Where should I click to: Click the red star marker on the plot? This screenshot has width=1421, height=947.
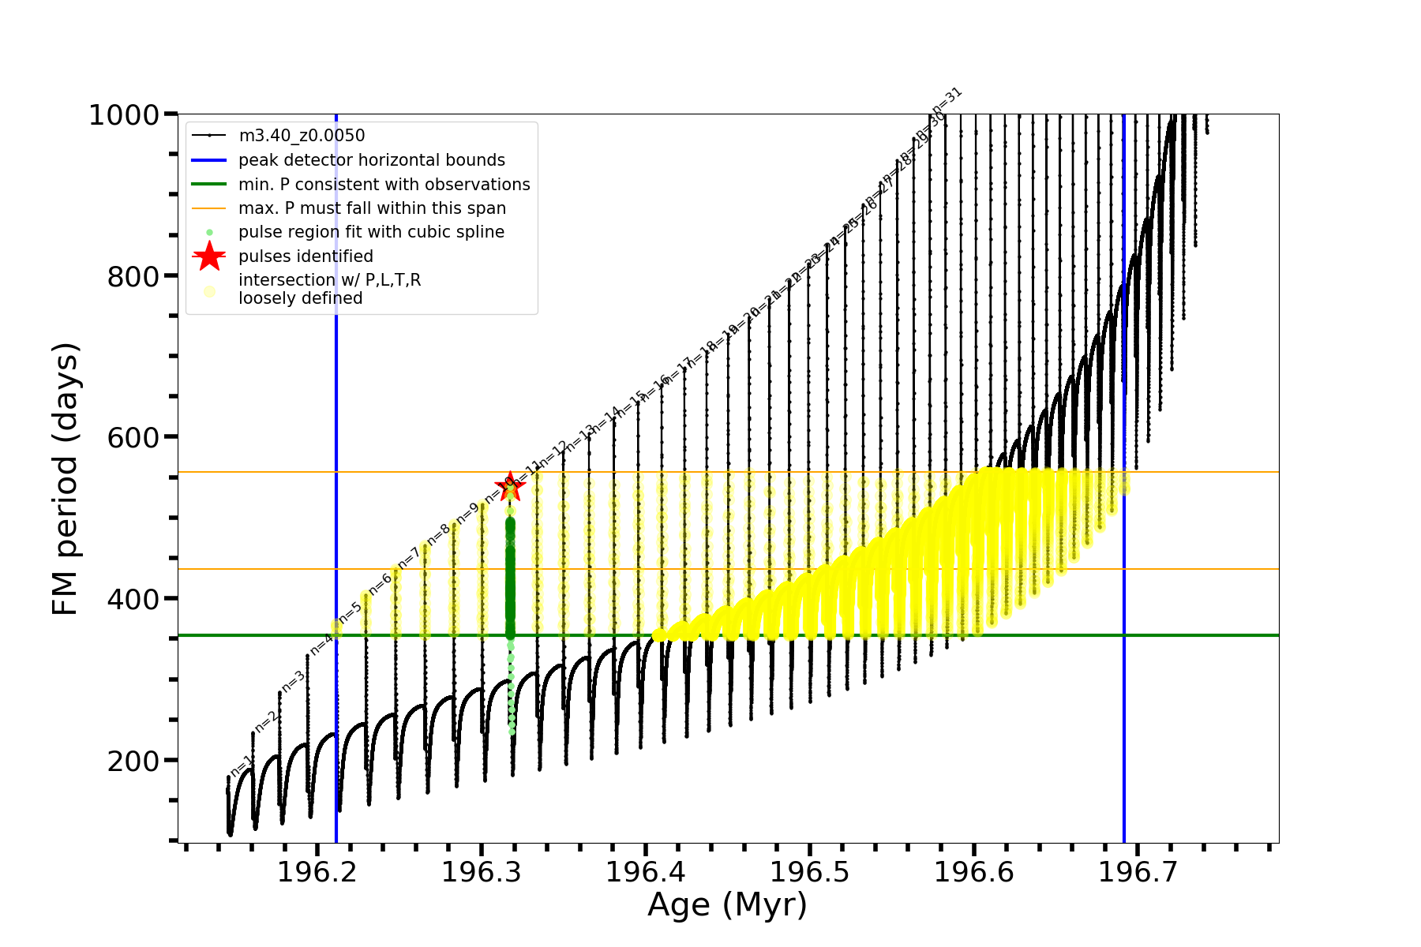pyautogui.click(x=510, y=486)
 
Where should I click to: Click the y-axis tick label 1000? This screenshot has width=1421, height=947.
pyautogui.click(x=124, y=115)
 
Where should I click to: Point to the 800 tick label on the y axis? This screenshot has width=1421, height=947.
pyautogui.click(x=133, y=276)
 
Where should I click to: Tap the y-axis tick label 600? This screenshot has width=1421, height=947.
pyautogui.click(x=133, y=437)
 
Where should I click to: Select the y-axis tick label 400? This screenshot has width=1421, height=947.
pyautogui.click(x=133, y=599)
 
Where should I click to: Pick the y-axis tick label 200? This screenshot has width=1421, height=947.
pyautogui.click(x=133, y=761)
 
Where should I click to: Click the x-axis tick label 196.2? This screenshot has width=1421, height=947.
pyautogui.click(x=317, y=872)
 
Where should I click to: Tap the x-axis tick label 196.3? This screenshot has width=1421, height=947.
pyautogui.click(x=482, y=872)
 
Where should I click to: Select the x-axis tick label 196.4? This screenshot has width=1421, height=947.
pyautogui.click(x=646, y=872)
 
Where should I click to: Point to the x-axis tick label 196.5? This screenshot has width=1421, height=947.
pyautogui.click(x=810, y=872)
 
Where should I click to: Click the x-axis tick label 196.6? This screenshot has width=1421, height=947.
pyautogui.click(x=974, y=872)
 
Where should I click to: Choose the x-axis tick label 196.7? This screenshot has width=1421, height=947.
pyautogui.click(x=1138, y=872)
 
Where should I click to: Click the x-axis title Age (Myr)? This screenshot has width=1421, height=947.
pyautogui.click(x=727, y=905)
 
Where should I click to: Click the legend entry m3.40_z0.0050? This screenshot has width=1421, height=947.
pyautogui.click(x=302, y=137)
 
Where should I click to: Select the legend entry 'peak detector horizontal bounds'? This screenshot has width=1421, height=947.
pyautogui.click(x=371, y=160)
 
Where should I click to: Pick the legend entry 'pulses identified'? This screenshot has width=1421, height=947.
pyautogui.click(x=306, y=256)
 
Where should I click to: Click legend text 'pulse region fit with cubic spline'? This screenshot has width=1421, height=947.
pyautogui.click(x=371, y=232)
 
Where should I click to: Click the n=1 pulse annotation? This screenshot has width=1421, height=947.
pyautogui.click(x=241, y=765)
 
